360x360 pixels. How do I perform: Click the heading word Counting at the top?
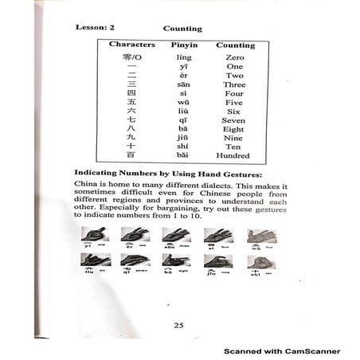tap(182, 28)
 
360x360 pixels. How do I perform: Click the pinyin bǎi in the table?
tap(184, 155)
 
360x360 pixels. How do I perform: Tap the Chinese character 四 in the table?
tap(131, 94)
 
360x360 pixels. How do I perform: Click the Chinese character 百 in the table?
tap(131, 155)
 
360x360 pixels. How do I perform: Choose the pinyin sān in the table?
tap(184, 84)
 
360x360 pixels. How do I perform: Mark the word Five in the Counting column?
tap(235, 103)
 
